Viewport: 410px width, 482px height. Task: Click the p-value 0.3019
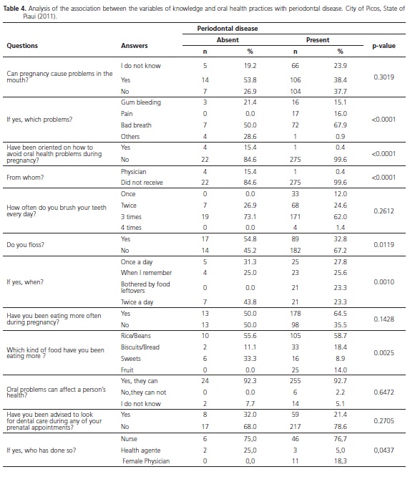(x=384, y=77)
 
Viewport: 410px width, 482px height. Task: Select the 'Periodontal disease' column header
(x=228, y=29)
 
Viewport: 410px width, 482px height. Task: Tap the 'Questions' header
(x=22, y=46)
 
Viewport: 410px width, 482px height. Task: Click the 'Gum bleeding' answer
(x=141, y=102)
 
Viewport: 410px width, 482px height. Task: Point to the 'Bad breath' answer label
(x=136, y=125)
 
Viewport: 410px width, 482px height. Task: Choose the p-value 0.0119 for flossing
(x=384, y=245)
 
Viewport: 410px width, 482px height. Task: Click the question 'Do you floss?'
(x=25, y=245)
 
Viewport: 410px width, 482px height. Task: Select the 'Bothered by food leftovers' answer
(x=145, y=287)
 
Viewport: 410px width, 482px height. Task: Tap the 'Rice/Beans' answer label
(x=136, y=336)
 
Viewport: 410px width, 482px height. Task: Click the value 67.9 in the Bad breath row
(x=341, y=125)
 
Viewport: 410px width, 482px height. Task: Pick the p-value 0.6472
(x=384, y=392)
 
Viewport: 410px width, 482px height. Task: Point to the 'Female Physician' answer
(x=146, y=461)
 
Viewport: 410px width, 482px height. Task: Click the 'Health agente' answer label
(x=141, y=450)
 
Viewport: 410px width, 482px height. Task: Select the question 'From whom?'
(x=25, y=178)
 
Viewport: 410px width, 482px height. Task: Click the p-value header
(x=384, y=46)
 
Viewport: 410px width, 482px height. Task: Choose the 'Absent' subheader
(x=228, y=40)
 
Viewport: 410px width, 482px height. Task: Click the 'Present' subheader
(x=318, y=40)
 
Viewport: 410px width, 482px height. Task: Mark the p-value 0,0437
(x=384, y=450)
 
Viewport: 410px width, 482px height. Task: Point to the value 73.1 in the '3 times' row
(x=250, y=217)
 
